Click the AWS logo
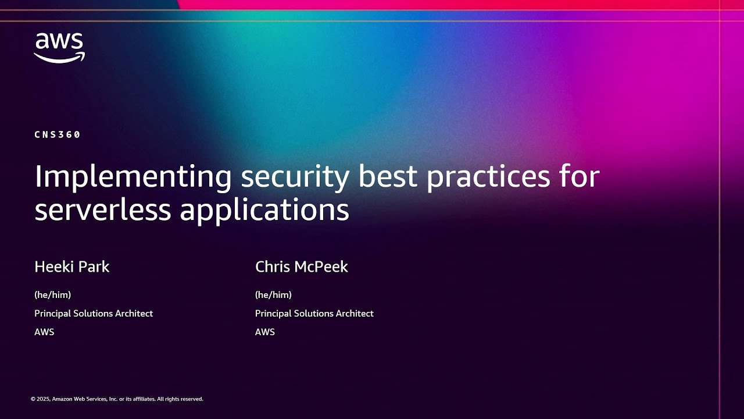(59, 47)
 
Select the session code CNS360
(57, 134)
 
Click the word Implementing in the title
(133, 176)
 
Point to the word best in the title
(392, 176)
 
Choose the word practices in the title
(488, 176)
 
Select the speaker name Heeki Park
(72, 267)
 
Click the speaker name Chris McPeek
(301, 267)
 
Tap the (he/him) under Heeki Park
(52, 294)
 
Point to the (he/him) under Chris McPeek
(273, 294)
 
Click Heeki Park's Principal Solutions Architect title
(94, 313)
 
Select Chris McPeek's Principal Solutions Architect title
(314, 313)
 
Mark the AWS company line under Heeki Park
(44, 332)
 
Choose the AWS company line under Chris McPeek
(265, 332)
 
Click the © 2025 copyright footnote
(117, 399)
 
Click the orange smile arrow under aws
(59, 57)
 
